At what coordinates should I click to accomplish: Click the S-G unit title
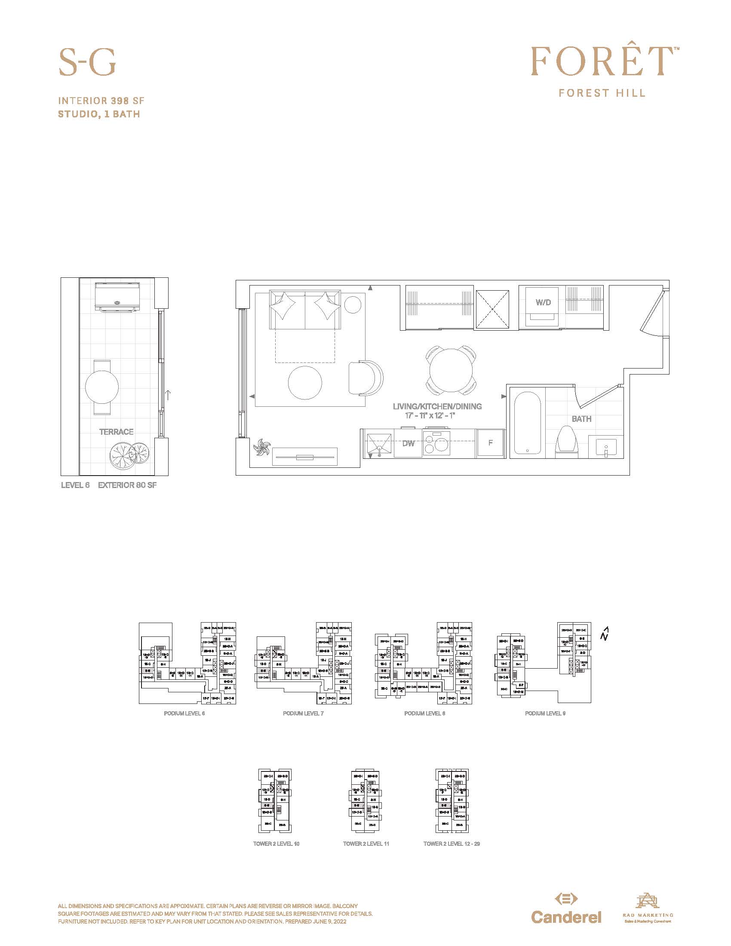(87, 62)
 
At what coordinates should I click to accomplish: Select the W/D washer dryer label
(543, 302)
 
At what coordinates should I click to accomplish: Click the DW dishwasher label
(408, 443)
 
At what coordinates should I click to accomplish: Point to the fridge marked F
(490, 442)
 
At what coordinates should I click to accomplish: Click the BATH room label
(581, 419)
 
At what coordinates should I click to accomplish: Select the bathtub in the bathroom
(528, 423)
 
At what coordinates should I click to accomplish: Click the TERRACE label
(116, 432)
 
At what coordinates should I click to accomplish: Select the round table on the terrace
(102, 387)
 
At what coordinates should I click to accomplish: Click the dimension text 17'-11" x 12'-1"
(430, 416)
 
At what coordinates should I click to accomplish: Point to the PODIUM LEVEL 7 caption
(303, 713)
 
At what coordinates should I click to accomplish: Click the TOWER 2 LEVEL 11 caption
(366, 844)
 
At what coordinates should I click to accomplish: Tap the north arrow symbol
(605, 634)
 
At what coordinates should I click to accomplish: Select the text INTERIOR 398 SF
(101, 101)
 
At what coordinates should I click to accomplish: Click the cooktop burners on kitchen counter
(436, 443)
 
